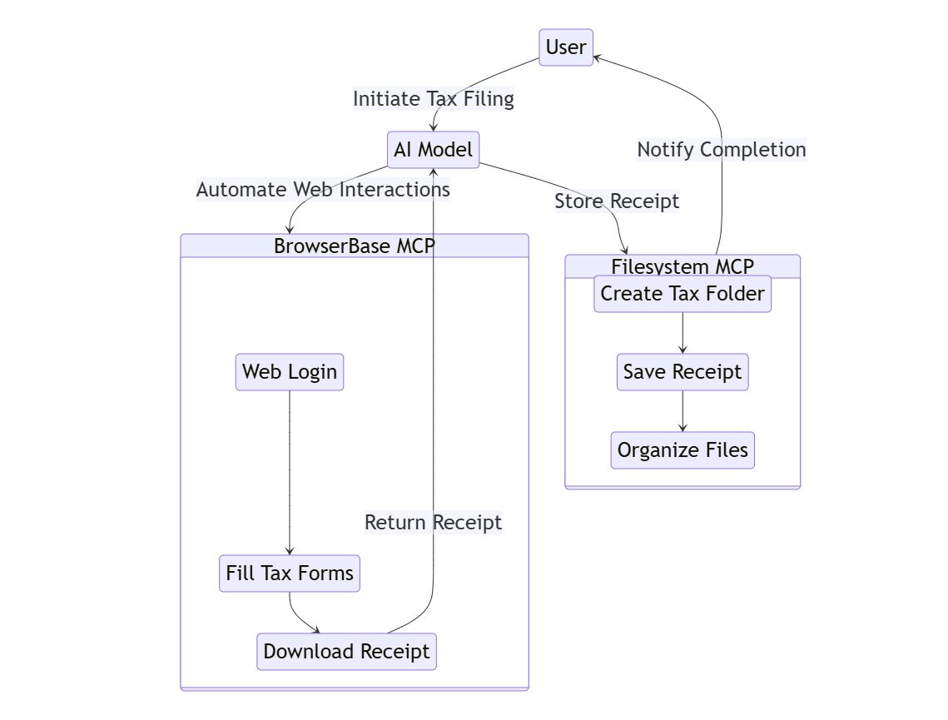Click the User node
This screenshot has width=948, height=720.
[x=566, y=47]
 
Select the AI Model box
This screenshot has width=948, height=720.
[x=433, y=150]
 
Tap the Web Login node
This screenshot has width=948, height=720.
[x=290, y=371]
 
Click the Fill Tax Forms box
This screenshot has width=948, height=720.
[x=290, y=574]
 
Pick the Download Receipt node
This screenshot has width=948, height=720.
[x=346, y=651]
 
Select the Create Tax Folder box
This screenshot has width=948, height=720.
[x=682, y=294]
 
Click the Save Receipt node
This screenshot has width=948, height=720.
[x=682, y=372]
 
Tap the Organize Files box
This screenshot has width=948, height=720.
[x=682, y=450]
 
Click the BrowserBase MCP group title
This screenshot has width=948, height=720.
[x=355, y=246]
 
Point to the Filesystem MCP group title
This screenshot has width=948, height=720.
[x=682, y=266]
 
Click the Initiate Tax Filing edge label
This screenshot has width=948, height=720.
[x=434, y=99]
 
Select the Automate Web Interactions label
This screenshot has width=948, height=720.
[x=323, y=190]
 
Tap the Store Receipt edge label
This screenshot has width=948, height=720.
[x=617, y=201]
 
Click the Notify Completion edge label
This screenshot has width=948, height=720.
[x=722, y=150]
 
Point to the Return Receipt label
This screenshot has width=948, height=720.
[x=434, y=523]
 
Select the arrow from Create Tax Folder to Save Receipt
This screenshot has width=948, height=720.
[x=682, y=333]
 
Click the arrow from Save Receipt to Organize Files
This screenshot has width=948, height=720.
[x=682, y=411]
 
